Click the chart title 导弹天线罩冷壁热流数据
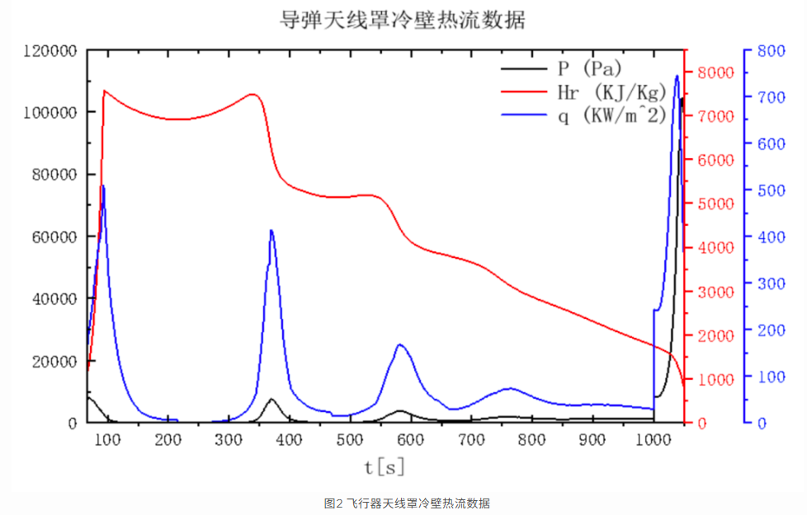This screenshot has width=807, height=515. (x=403, y=19)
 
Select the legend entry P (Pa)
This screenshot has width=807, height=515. (x=588, y=67)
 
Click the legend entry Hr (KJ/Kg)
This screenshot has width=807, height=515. (x=611, y=91)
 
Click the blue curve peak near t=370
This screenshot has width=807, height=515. (x=271, y=231)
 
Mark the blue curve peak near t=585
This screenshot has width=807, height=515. (x=400, y=344)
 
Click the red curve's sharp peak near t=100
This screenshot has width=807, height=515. (x=104, y=90)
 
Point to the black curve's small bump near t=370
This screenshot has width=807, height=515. (x=271, y=399)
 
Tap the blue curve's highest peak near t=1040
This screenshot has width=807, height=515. (x=677, y=76)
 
